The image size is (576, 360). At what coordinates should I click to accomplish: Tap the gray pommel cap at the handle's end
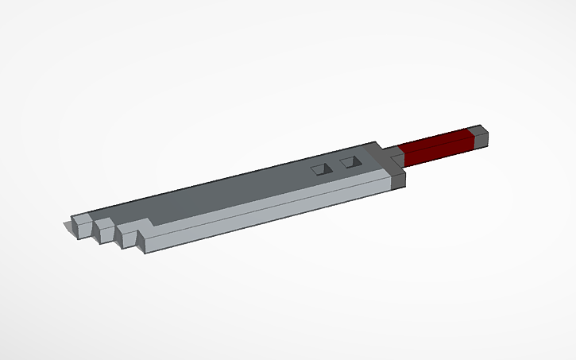[479, 136]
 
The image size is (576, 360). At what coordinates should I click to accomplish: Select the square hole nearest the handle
[350, 162]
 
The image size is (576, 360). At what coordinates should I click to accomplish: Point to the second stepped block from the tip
[102, 228]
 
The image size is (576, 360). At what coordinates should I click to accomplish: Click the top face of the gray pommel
[478, 130]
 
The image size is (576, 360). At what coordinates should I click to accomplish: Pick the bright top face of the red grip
[433, 139]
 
